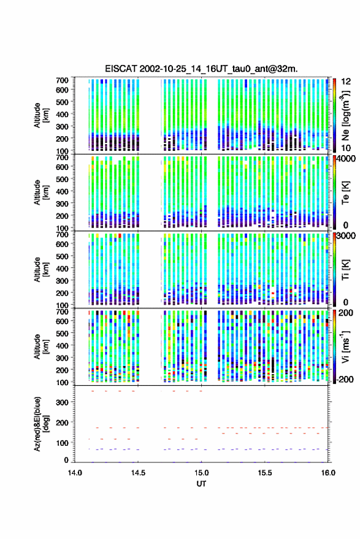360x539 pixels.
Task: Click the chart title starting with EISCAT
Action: click(201, 69)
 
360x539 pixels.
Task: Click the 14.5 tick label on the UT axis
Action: click(138, 473)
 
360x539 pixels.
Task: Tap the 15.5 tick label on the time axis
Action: click(265, 473)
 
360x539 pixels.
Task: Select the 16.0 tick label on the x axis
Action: click(328, 473)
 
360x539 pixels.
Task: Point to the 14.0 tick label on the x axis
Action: click(75, 473)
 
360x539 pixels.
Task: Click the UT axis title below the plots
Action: click(201, 484)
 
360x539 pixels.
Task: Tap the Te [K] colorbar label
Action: click(345, 193)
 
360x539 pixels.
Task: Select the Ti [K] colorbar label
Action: click(345, 270)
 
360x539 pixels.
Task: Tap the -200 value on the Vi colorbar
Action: click(345, 379)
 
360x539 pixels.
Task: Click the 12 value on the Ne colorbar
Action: click(346, 82)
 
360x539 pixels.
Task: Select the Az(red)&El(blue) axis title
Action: click(42, 424)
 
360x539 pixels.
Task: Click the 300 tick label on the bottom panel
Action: click(62, 402)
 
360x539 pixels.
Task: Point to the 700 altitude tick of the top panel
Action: click(62, 80)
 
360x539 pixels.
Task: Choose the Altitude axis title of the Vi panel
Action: click(41, 346)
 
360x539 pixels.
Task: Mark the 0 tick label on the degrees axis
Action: click(66, 460)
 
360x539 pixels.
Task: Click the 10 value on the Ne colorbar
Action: click(346, 148)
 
